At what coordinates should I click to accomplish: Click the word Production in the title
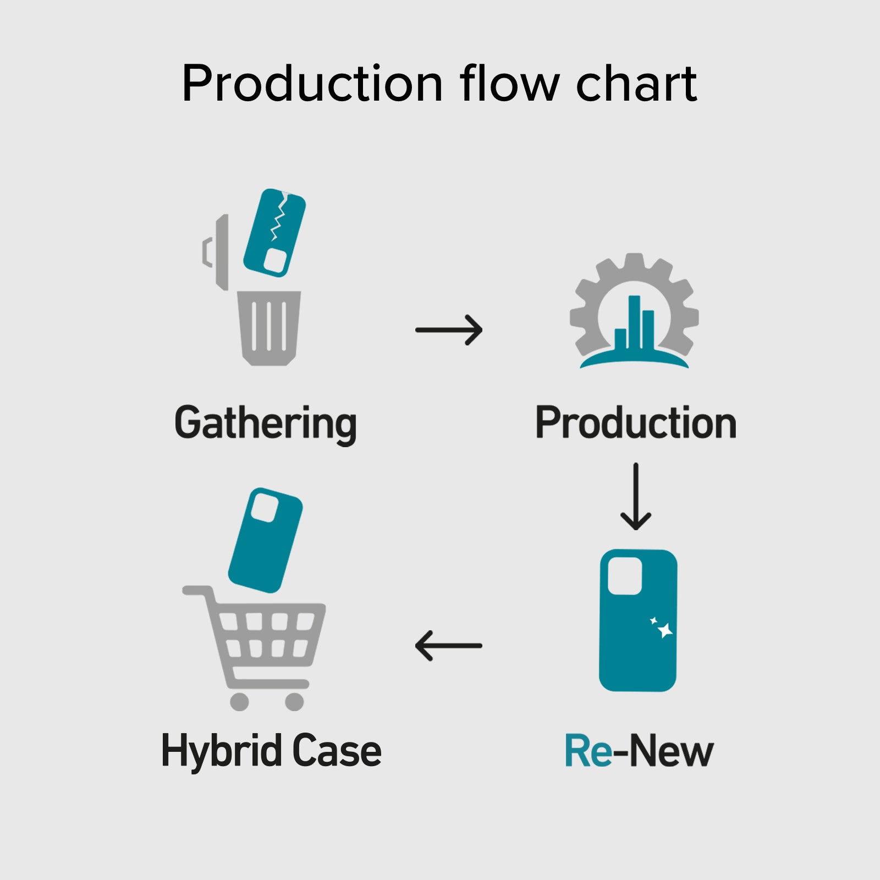[x=312, y=84]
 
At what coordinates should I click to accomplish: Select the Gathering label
[x=266, y=424]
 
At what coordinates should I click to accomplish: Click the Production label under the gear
[x=636, y=424]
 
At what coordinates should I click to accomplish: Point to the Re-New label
[x=639, y=751]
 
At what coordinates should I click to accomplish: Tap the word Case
[x=337, y=751]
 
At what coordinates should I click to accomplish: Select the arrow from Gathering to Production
[x=449, y=330]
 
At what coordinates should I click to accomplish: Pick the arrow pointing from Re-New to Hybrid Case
[x=449, y=646]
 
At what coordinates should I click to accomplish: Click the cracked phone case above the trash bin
[x=274, y=232]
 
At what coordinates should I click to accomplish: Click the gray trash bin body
[x=269, y=328]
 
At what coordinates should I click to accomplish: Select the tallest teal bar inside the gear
[x=634, y=322]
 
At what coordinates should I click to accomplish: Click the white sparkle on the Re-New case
[x=664, y=630]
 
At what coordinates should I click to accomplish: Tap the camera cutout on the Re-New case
[x=625, y=576]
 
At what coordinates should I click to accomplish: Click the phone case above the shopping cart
[x=265, y=540]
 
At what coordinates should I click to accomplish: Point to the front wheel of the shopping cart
[x=294, y=701]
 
